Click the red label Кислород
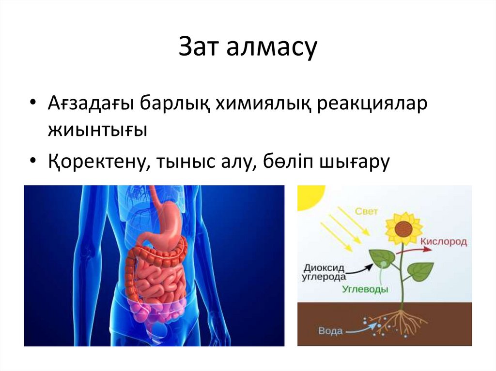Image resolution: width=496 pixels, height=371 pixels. coord(443,241)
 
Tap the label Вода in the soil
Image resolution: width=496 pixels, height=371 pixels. coord(330,331)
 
